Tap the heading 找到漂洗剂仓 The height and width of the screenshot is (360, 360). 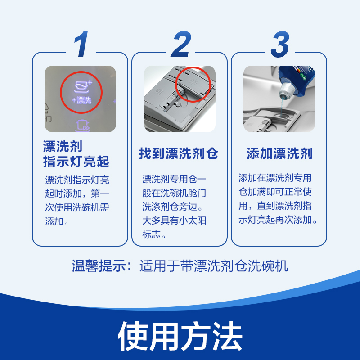[x=179, y=154]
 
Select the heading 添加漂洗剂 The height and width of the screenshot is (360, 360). [x=279, y=154]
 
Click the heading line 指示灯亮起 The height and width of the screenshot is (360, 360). [x=76, y=161]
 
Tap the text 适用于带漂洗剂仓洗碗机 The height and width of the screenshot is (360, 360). [x=214, y=266]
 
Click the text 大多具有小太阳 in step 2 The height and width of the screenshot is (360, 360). [x=174, y=221]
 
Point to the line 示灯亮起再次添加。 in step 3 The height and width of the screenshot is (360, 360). [x=279, y=220]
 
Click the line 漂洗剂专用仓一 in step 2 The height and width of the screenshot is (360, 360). [x=174, y=179]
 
